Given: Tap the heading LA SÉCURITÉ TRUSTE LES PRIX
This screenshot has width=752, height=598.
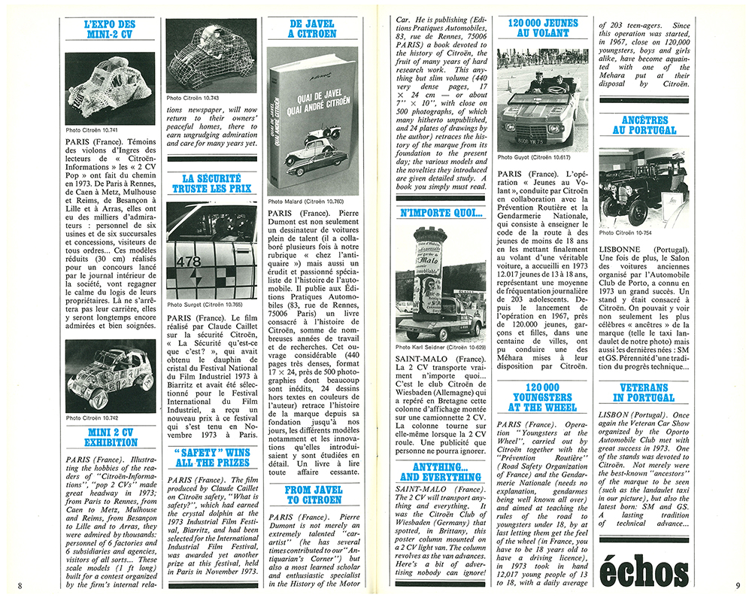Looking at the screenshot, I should point(211,184).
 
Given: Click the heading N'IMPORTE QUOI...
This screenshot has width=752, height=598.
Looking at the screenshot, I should point(441,213).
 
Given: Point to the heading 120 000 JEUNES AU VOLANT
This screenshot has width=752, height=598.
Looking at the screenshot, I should point(542,29).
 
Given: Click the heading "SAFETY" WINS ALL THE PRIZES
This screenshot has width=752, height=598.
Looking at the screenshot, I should point(211,457).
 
